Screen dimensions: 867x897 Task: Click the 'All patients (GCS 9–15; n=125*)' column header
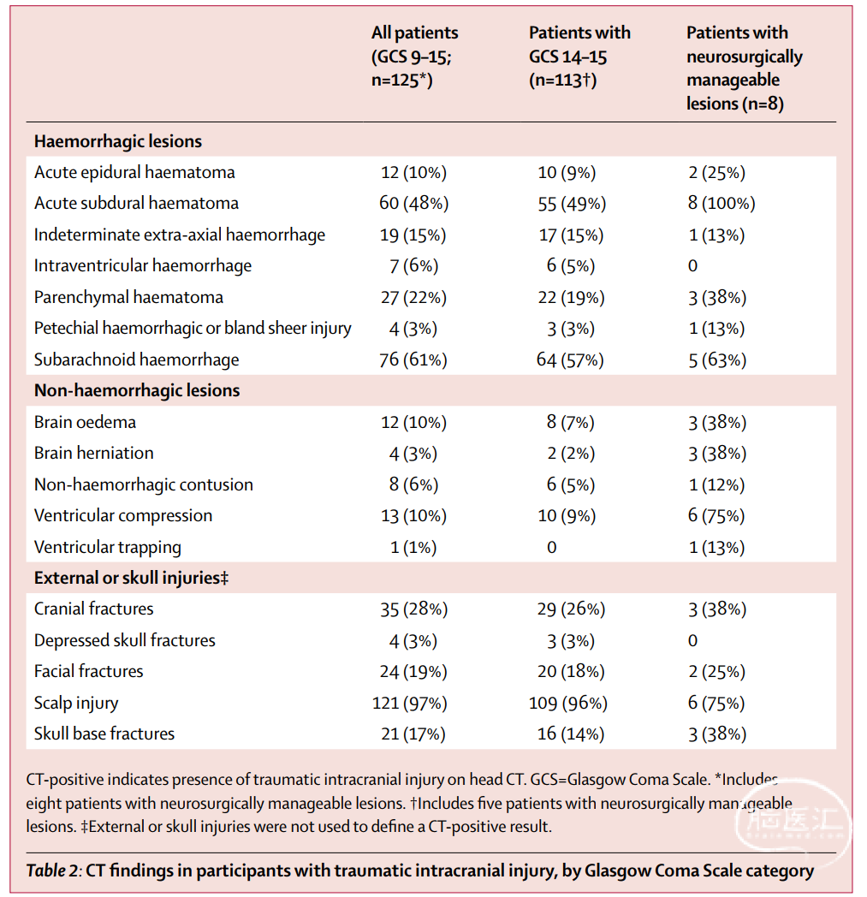coord(414,56)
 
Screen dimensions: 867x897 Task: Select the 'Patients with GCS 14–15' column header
coord(579,56)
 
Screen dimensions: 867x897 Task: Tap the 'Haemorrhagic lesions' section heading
coord(118,141)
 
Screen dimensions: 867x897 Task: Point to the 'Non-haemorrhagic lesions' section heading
coord(137,390)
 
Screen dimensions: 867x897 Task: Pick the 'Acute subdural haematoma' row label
coord(136,203)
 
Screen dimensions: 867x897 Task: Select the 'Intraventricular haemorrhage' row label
coord(142,266)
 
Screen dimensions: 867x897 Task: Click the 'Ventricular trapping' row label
coord(108,548)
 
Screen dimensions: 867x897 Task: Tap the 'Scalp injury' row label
coord(76,703)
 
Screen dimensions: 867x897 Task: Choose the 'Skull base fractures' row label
coord(104,734)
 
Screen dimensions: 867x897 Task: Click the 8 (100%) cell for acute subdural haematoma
coord(722,203)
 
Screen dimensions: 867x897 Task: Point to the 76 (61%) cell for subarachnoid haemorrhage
coord(413,359)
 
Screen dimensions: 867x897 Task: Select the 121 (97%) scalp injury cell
coord(409,703)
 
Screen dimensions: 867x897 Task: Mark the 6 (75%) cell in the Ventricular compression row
coord(716,516)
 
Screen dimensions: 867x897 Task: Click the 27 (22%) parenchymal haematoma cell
coord(413,298)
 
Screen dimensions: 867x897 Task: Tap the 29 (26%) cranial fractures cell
coord(571,609)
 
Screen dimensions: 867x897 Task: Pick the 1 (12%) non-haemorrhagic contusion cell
coord(716,485)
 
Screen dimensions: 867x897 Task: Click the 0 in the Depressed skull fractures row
coord(692,641)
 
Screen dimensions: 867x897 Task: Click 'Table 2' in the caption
coord(52,870)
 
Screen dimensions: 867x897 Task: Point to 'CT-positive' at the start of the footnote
coord(65,780)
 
